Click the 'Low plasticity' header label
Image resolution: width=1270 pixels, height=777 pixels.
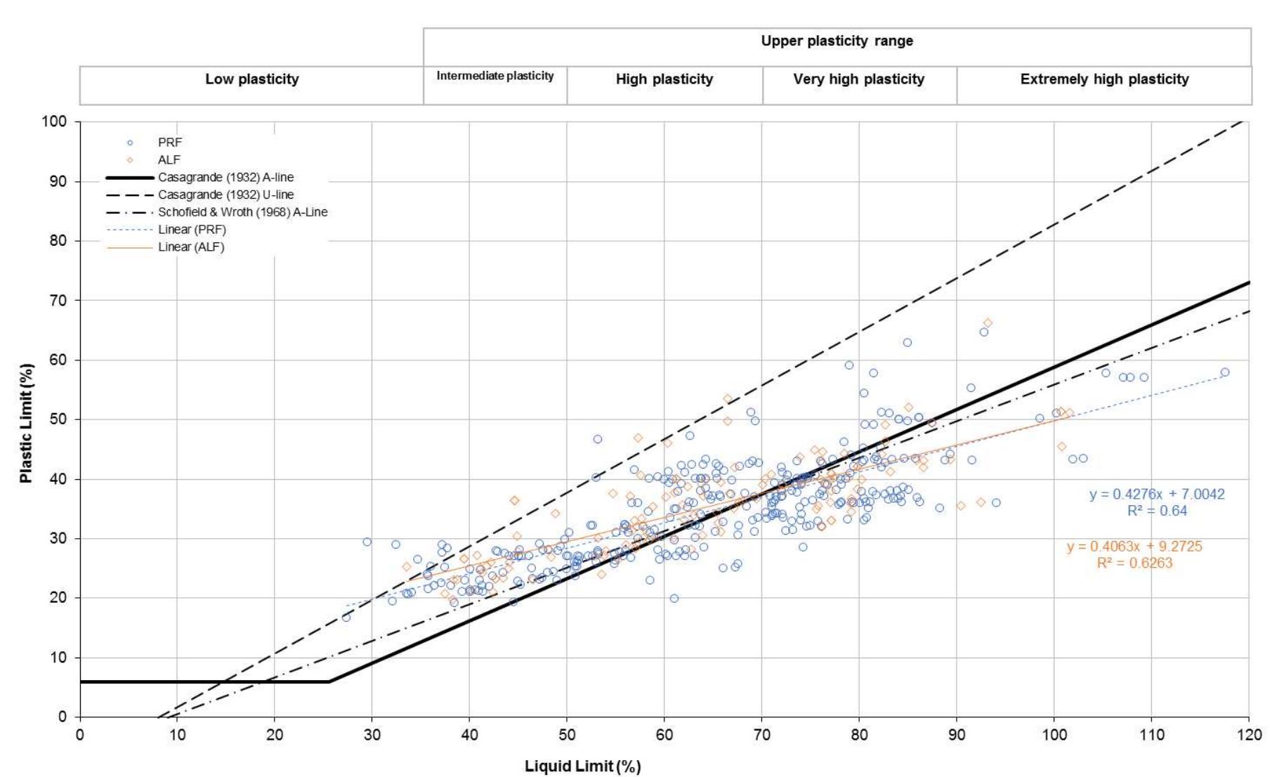[x=251, y=79]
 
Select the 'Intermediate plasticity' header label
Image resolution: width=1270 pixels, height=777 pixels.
[x=495, y=76]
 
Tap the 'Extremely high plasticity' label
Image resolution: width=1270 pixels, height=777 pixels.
[x=1104, y=79]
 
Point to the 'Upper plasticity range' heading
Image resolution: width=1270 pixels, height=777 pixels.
[x=837, y=41]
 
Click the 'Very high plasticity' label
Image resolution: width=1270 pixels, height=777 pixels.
[x=858, y=79]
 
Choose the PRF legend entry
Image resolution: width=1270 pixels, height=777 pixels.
[x=169, y=143]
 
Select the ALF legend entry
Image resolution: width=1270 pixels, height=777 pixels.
[x=169, y=160]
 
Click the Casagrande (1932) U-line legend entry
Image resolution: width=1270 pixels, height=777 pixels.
[x=225, y=195]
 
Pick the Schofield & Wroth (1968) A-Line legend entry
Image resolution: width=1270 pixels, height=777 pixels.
[x=242, y=212]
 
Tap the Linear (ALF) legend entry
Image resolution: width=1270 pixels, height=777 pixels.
[x=190, y=247]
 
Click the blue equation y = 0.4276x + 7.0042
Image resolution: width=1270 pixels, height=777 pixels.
[x=1156, y=495]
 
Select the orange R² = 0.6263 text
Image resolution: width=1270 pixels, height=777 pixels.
[x=1134, y=563]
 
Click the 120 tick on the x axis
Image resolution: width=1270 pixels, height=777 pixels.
[x=1248, y=735]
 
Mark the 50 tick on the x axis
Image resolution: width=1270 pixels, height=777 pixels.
[x=567, y=735]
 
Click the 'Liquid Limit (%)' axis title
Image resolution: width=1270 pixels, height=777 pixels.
[x=582, y=766]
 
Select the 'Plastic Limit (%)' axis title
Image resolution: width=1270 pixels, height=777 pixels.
[x=26, y=423]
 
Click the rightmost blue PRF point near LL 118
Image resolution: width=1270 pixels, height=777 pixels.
[x=1224, y=372]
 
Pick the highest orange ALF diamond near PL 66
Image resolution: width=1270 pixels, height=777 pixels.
[x=988, y=323]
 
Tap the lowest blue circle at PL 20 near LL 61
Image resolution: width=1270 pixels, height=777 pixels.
[x=674, y=599]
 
